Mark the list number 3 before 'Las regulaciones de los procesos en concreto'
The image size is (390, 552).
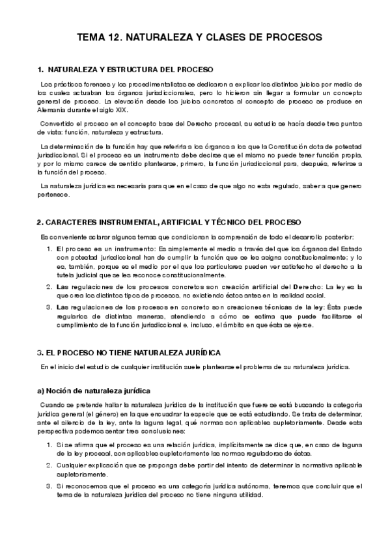pos(49,308)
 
